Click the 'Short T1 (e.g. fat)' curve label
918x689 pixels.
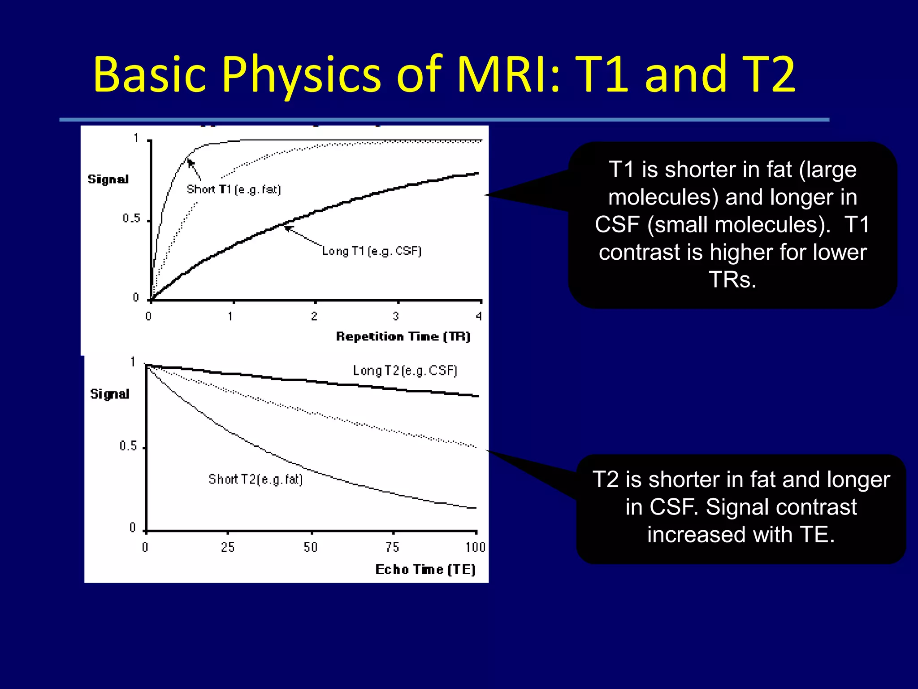click(234, 189)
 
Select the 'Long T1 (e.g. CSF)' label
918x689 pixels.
click(372, 251)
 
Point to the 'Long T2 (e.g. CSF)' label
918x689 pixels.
click(405, 371)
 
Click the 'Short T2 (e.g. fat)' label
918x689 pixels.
click(255, 480)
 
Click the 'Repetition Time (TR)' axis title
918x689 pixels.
click(403, 336)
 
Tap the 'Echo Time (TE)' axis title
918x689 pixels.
click(425, 569)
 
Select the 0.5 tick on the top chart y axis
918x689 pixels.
click(131, 218)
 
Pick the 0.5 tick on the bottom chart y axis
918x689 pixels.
click(128, 446)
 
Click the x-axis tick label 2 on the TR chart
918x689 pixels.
click(314, 316)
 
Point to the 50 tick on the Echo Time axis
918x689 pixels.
click(311, 547)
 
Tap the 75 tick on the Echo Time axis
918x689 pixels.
click(392, 547)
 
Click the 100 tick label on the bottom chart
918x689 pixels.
click(475, 547)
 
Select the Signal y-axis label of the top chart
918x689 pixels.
click(108, 179)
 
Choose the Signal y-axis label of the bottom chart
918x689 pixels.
click(109, 394)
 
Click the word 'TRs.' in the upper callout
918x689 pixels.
click(732, 280)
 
